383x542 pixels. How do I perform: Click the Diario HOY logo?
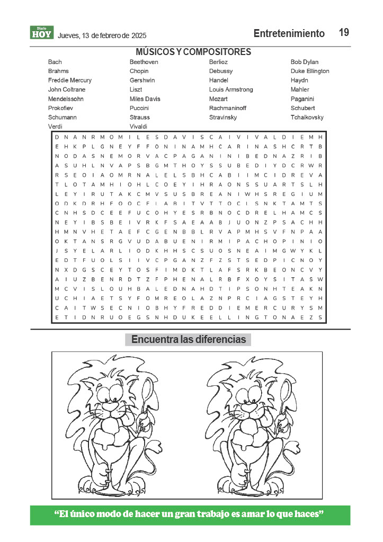click(x=41, y=33)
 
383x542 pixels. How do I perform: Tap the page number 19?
click(x=344, y=32)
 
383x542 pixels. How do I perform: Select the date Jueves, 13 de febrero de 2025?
click(x=102, y=36)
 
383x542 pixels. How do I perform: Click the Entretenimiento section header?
click(x=289, y=33)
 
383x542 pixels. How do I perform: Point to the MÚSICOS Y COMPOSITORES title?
click(x=193, y=52)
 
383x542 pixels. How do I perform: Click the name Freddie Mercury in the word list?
click(x=69, y=80)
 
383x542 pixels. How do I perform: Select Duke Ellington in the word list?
click(x=310, y=71)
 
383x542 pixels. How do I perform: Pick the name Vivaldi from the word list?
click(x=139, y=127)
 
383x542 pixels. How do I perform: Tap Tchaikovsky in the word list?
click(x=307, y=118)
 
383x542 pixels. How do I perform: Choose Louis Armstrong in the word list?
click(x=231, y=89)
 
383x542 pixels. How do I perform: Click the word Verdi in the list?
click(x=55, y=127)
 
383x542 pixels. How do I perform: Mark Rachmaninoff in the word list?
click(x=231, y=108)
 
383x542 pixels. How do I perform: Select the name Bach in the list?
click(x=55, y=62)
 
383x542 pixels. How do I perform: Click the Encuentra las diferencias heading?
click(x=189, y=339)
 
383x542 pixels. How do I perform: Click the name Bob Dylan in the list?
click(x=304, y=62)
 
